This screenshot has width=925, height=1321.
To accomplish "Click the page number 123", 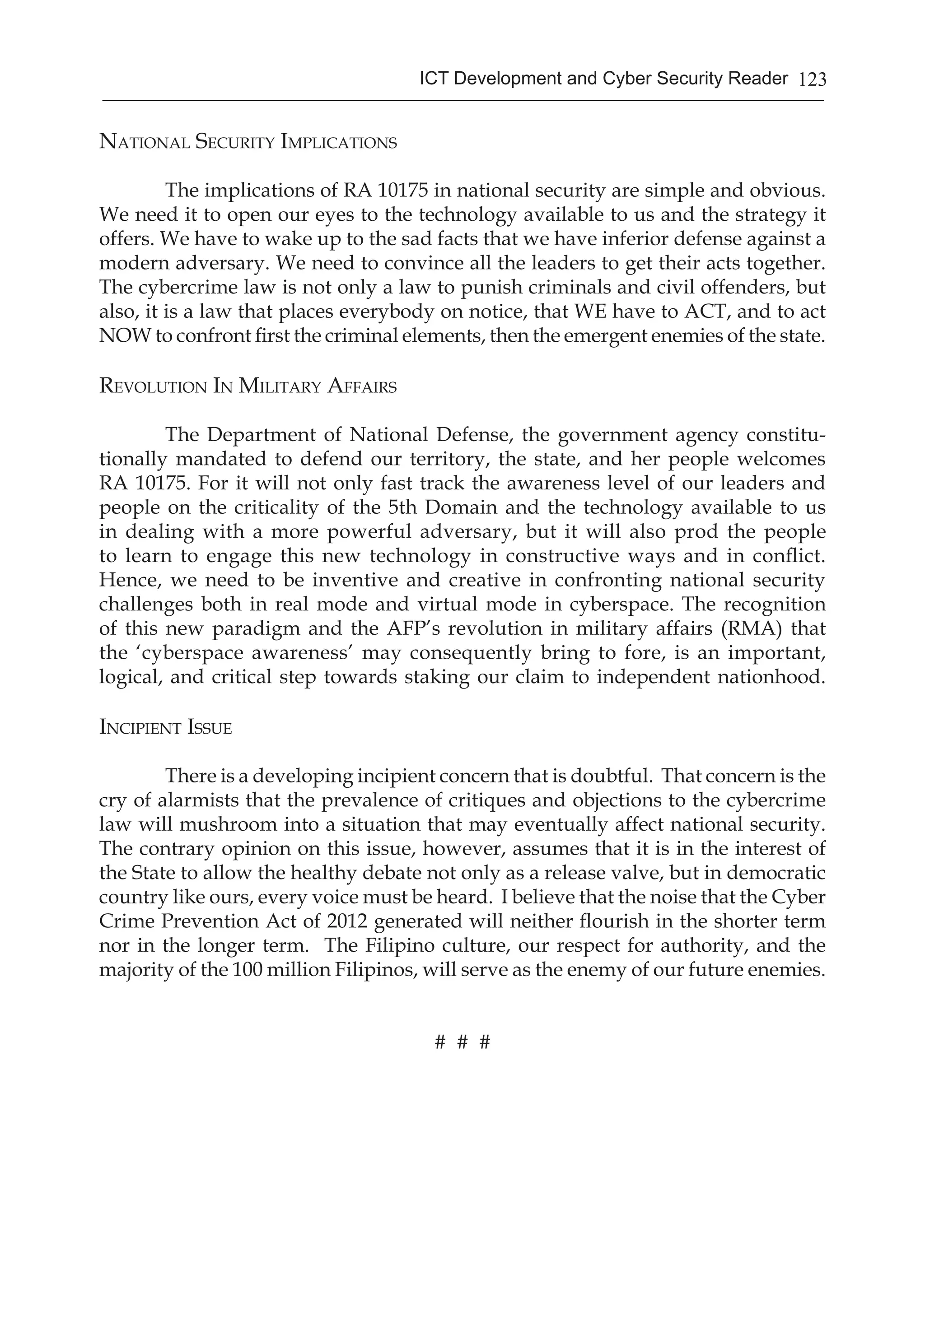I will (x=812, y=79).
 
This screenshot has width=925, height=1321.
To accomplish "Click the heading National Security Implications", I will (x=248, y=142).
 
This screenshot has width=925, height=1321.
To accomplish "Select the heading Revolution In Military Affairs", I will (x=248, y=386).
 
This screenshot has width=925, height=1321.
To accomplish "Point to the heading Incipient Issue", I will (x=165, y=728).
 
